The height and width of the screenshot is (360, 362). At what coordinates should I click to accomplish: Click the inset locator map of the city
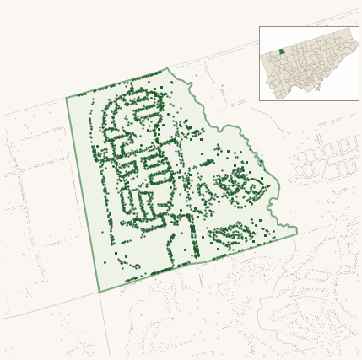[x=309, y=63]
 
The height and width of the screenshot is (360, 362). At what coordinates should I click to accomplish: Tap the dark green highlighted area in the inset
[x=282, y=51]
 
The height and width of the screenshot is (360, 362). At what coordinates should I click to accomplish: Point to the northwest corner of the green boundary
[x=67, y=98]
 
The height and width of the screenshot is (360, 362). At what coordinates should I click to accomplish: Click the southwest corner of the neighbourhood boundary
[x=99, y=292]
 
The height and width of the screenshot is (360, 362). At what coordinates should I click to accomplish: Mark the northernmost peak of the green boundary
[x=167, y=68]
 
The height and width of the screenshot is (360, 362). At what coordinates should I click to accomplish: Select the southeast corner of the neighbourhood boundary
[x=296, y=234]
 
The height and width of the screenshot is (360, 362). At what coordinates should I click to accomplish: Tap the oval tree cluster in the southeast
[x=230, y=233]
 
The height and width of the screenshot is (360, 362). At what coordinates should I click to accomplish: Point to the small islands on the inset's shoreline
[x=318, y=87]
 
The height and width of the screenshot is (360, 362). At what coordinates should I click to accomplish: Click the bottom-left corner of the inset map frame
[x=260, y=100]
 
